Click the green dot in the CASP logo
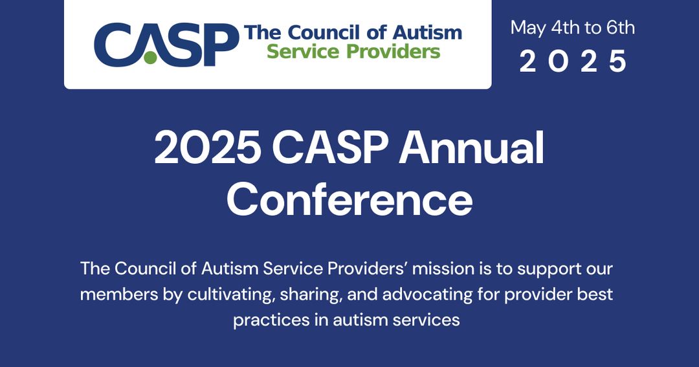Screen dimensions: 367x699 (x=150, y=58)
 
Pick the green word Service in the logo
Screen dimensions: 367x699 (x=301, y=52)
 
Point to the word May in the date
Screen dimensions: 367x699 (x=528, y=28)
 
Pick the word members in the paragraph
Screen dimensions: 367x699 (x=113, y=295)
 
